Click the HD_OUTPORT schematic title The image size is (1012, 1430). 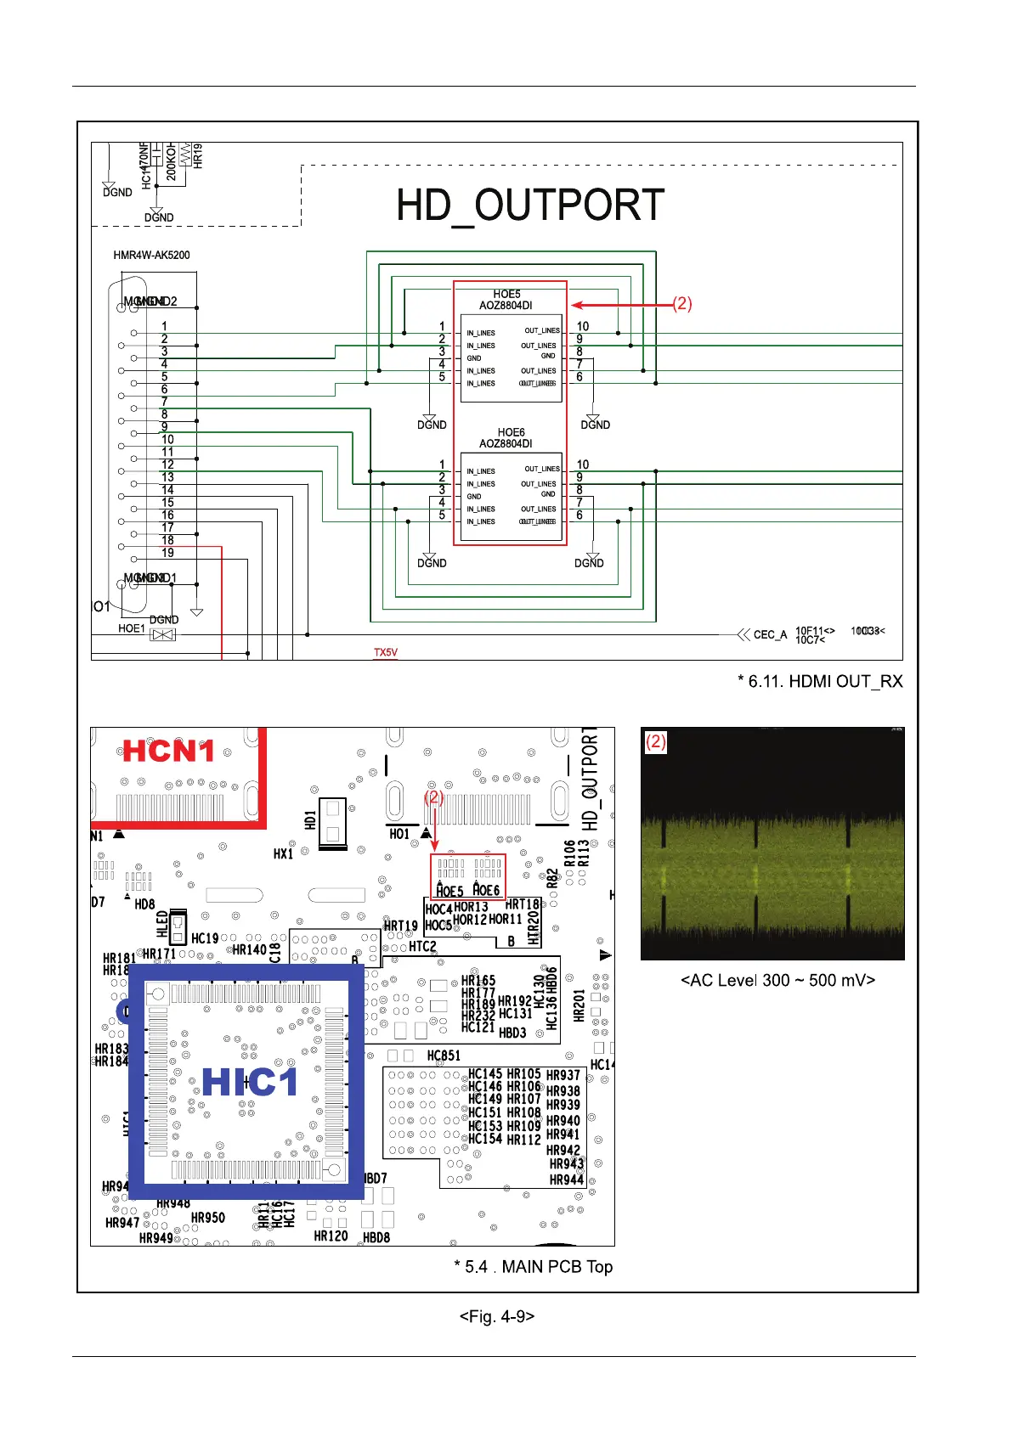point(530,205)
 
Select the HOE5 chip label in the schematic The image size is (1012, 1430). point(506,295)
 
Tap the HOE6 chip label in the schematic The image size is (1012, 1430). point(511,433)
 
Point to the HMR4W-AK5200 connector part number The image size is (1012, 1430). point(151,255)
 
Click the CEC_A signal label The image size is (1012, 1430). point(770,634)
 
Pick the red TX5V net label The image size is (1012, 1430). point(386,652)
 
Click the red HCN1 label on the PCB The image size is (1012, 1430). point(169,751)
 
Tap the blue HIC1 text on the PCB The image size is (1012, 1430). point(250,1082)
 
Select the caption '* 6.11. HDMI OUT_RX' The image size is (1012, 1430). point(820,681)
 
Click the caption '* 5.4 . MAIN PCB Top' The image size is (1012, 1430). point(534,1266)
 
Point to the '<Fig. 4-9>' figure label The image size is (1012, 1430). point(497,1316)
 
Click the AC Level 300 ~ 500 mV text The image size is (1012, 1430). point(777,980)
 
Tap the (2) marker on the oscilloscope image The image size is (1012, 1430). point(655,741)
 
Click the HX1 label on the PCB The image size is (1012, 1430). point(283,853)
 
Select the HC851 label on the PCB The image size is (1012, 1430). point(444,1056)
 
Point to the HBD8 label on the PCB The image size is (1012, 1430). point(376,1237)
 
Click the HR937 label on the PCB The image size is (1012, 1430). point(563,1075)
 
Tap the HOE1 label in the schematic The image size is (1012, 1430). point(132,628)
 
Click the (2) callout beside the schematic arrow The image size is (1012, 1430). point(682,304)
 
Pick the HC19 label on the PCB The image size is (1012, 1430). point(205,938)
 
